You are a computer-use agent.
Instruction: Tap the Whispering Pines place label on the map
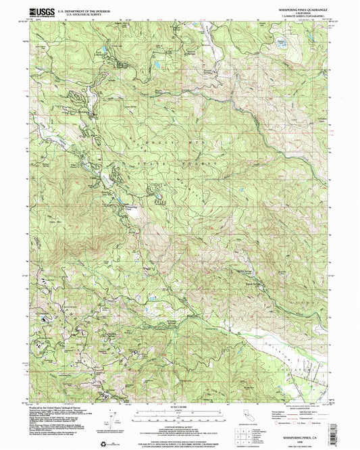coord(132,208)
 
